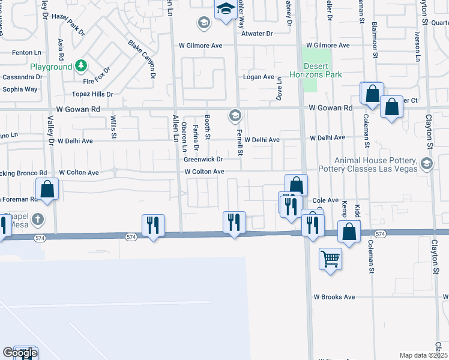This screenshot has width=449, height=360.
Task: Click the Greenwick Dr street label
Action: pyautogui.click(x=203, y=160)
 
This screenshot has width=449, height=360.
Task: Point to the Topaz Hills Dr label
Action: pyautogui.click(x=92, y=94)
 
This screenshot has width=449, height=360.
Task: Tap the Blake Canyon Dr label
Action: pyautogui.click(x=142, y=59)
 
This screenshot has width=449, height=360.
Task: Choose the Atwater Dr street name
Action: pyautogui.click(x=257, y=34)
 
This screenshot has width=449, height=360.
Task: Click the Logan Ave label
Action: pyautogui.click(x=258, y=77)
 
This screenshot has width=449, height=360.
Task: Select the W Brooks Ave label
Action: pyautogui.click(x=334, y=297)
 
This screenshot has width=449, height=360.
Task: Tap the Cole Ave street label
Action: pyautogui.click(x=326, y=200)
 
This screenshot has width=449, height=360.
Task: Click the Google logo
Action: pyautogui.click(x=20, y=353)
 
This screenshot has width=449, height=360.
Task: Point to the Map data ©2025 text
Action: pyautogui.click(x=424, y=355)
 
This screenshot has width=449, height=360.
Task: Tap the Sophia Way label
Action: pyautogui.click(x=20, y=89)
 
